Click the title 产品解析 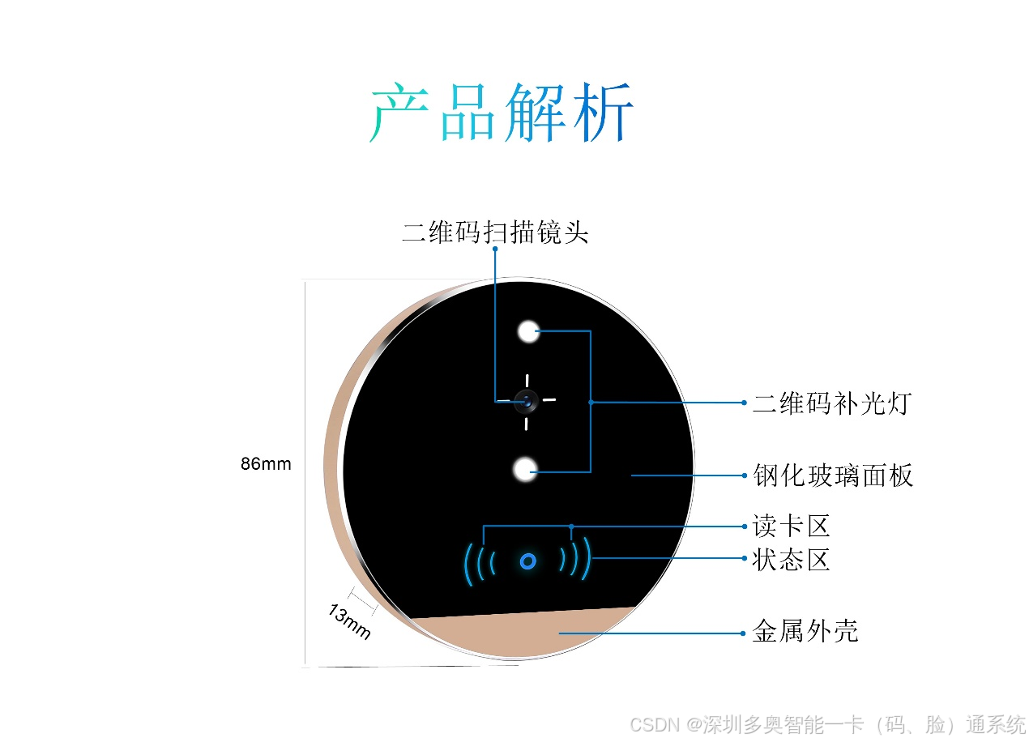[x=502, y=113]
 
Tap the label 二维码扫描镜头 [x=495, y=232]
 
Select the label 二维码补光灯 [x=832, y=403]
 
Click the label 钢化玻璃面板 [x=833, y=475]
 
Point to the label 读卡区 [x=791, y=527]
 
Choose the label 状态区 [x=791, y=559]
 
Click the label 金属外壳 [x=805, y=632]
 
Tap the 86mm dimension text [x=266, y=465]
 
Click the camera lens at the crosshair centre [x=527, y=399]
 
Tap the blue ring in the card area [x=527, y=561]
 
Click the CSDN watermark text [x=827, y=724]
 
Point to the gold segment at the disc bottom [x=519, y=632]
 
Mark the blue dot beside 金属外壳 [x=743, y=633]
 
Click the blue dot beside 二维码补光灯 [x=744, y=403]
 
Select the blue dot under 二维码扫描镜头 [x=495, y=249]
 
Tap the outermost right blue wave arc [x=587, y=559]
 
